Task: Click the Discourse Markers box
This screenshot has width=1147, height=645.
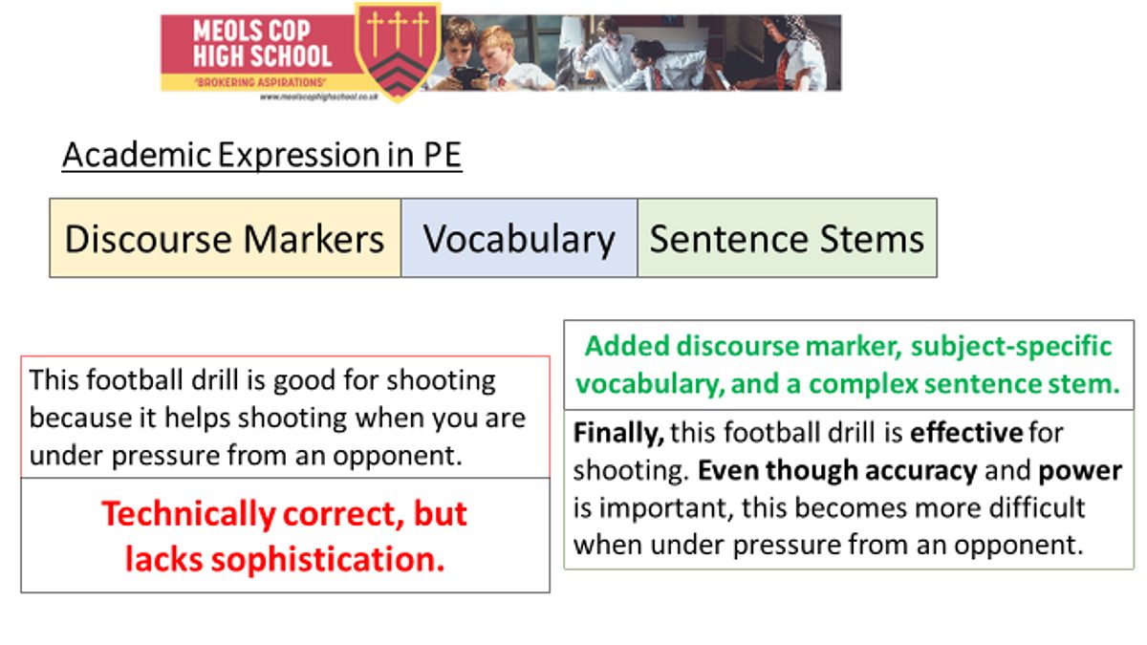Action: coord(226,238)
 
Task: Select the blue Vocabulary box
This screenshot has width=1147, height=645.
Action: coord(519,238)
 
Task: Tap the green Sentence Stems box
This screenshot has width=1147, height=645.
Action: coord(787,238)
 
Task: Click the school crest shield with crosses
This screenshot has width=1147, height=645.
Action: coord(398,52)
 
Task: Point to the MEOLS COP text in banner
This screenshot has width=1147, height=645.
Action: coord(251,31)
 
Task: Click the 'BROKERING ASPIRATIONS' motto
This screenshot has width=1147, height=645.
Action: coord(260,82)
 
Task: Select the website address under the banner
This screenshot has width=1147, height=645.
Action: coord(319,97)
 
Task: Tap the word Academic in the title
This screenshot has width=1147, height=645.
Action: coord(137,155)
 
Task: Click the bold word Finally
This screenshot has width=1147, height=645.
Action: coord(618,434)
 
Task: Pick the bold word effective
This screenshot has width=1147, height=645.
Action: coord(966,433)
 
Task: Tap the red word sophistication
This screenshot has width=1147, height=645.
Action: coord(328,559)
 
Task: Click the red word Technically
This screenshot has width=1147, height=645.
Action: coord(189,514)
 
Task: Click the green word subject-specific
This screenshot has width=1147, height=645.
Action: coord(1011,347)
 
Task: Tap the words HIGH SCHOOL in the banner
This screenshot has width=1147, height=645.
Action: coord(262,56)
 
